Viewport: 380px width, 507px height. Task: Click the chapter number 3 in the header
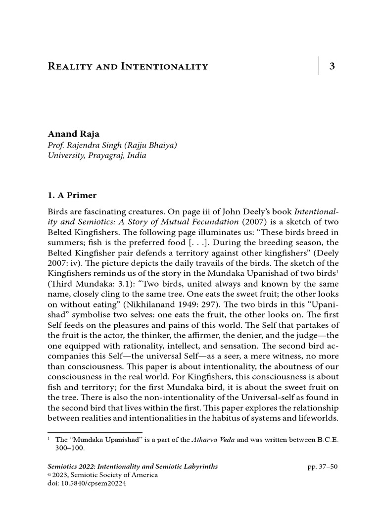coord(332,66)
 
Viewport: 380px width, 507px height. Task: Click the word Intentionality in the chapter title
coord(164,66)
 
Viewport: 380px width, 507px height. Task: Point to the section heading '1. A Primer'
coord(72,195)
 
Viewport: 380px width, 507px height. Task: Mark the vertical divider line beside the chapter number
coord(319,66)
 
